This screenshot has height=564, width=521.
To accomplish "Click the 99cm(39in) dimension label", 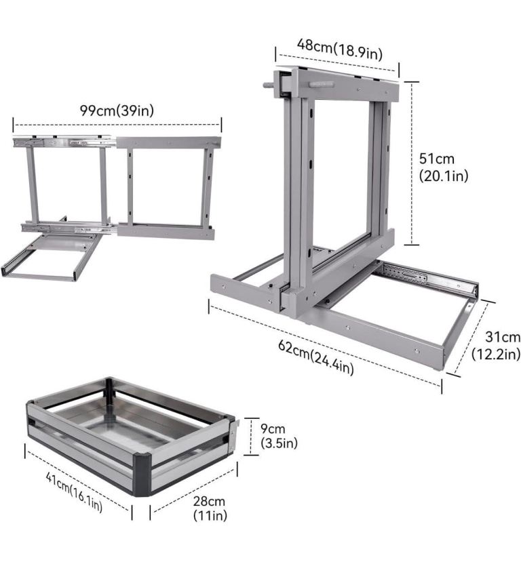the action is [117, 110].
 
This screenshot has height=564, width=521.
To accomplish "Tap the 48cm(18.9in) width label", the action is [340, 49].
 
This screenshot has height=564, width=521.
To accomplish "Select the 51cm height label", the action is [437, 159].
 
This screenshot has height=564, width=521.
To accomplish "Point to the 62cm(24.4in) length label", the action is [316, 357].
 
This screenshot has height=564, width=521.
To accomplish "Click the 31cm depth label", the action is [503, 337].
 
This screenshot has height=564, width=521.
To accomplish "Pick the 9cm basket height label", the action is [273, 428].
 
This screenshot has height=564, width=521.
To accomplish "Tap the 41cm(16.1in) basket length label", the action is [74, 492].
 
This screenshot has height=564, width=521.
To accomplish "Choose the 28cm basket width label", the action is [209, 501].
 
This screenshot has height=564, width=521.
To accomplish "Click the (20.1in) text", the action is [444, 176].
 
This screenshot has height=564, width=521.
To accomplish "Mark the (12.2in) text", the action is [496, 354].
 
